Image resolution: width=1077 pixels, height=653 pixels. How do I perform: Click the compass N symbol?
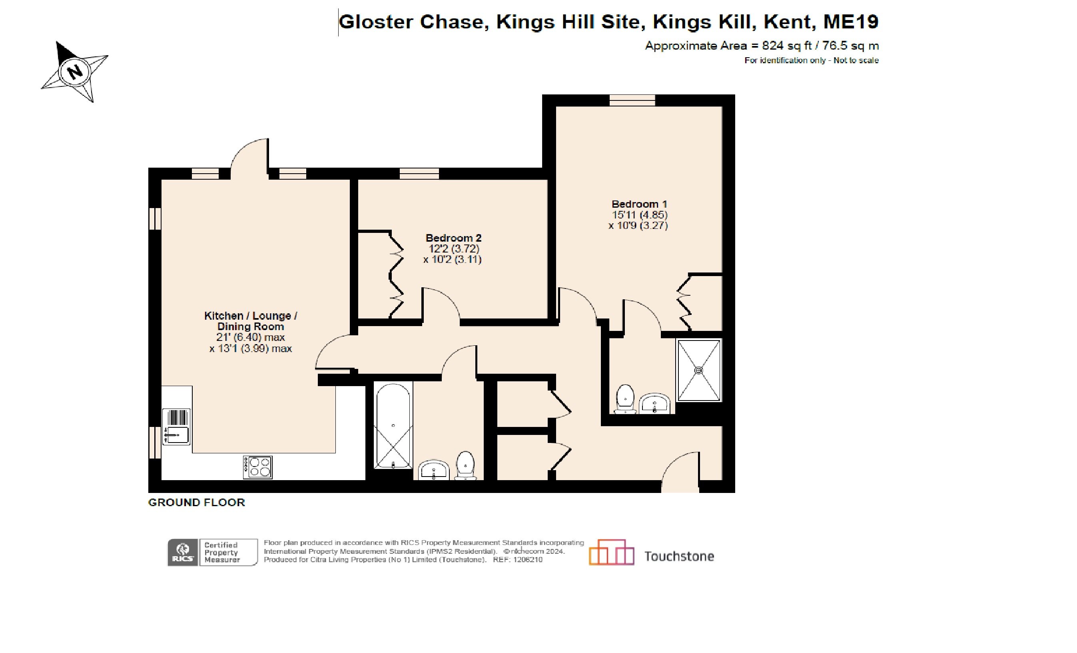[76, 71]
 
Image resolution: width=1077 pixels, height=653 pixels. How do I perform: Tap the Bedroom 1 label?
[639, 204]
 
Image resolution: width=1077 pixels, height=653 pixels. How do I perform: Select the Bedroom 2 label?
[453, 238]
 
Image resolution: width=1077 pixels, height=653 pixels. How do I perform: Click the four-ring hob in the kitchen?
[258, 467]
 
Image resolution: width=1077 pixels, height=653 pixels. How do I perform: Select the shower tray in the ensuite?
[698, 371]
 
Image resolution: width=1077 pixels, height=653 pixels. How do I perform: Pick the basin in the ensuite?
[654, 403]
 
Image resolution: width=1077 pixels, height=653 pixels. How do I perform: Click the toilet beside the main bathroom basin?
[466, 466]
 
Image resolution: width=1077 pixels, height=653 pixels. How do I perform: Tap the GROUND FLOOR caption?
[196, 503]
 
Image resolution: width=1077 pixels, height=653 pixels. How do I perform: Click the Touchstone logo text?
[679, 556]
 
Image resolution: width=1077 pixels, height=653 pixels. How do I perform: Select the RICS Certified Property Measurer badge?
[212, 553]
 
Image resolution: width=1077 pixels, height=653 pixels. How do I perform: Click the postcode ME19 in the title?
[851, 22]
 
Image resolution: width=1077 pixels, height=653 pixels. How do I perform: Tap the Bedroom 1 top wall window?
[632, 100]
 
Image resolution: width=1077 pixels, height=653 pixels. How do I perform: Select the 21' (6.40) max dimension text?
[250, 337]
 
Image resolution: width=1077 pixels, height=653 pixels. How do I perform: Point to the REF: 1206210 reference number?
[518, 560]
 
